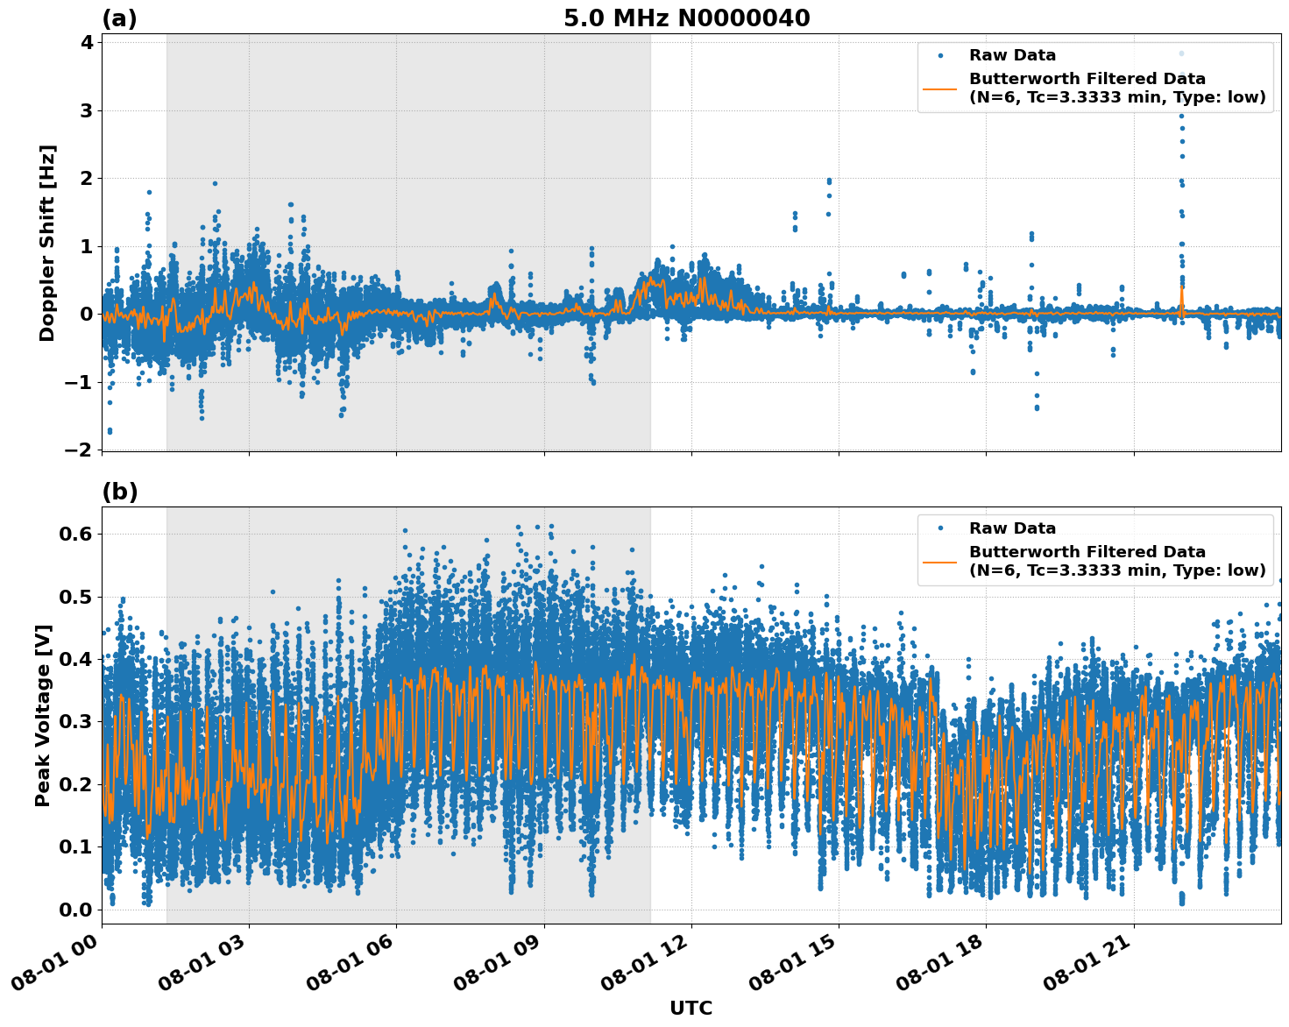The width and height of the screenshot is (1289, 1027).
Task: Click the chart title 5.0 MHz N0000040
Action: click(x=686, y=18)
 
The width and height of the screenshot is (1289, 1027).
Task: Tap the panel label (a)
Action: click(x=119, y=18)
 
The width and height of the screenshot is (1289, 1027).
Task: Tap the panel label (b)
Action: click(x=119, y=492)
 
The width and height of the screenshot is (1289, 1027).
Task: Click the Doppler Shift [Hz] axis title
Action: click(x=47, y=243)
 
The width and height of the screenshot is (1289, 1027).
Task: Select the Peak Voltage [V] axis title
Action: click(x=43, y=715)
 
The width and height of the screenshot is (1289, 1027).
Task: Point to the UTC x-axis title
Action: click(x=691, y=1008)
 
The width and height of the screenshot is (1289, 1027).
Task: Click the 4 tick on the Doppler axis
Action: click(x=87, y=43)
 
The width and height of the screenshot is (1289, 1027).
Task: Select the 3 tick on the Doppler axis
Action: click(x=87, y=110)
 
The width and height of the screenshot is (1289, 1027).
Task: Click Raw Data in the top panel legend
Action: click(x=1012, y=55)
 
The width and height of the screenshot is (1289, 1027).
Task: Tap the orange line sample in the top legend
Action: click(x=939, y=89)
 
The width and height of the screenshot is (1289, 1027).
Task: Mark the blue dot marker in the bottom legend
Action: click(x=939, y=528)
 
